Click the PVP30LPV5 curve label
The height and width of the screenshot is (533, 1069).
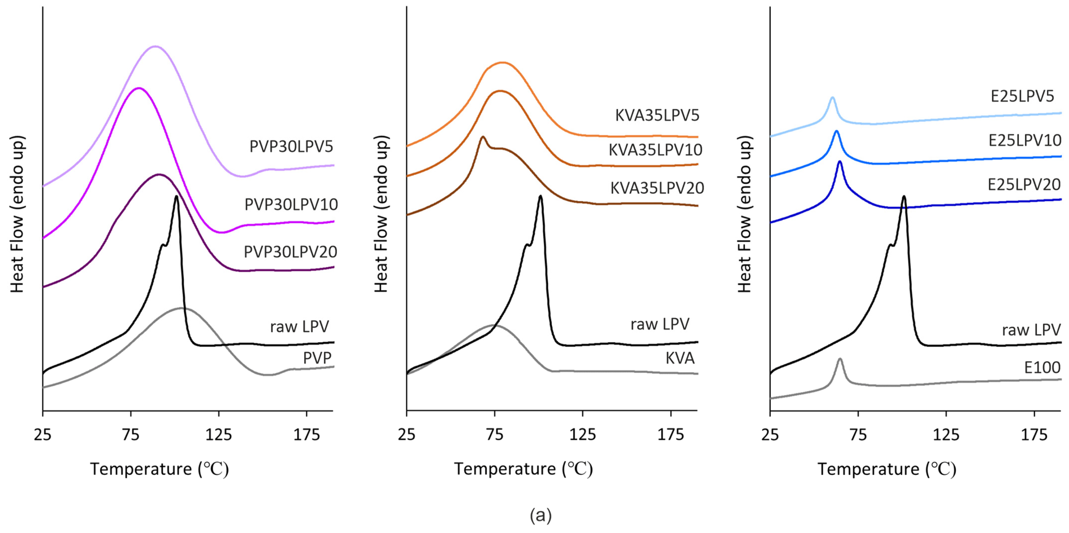pos(291,147)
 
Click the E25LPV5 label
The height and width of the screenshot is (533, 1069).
pos(1022,96)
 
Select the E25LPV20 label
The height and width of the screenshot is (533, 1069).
pos(1024,185)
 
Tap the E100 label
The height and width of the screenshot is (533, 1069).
pos(1042,367)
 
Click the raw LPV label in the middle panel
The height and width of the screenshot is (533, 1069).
pos(660,324)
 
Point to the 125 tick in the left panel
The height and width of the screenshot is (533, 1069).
pos(219,435)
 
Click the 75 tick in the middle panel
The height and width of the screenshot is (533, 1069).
pos(495,435)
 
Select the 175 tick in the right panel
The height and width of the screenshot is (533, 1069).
pos(1034,435)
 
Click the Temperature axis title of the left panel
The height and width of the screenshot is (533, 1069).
pos(159,469)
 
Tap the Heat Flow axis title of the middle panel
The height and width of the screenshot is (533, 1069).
pos(381,214)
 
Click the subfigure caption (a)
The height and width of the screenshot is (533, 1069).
pos(541,515)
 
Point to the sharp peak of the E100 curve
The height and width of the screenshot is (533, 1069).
pos(840,359)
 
